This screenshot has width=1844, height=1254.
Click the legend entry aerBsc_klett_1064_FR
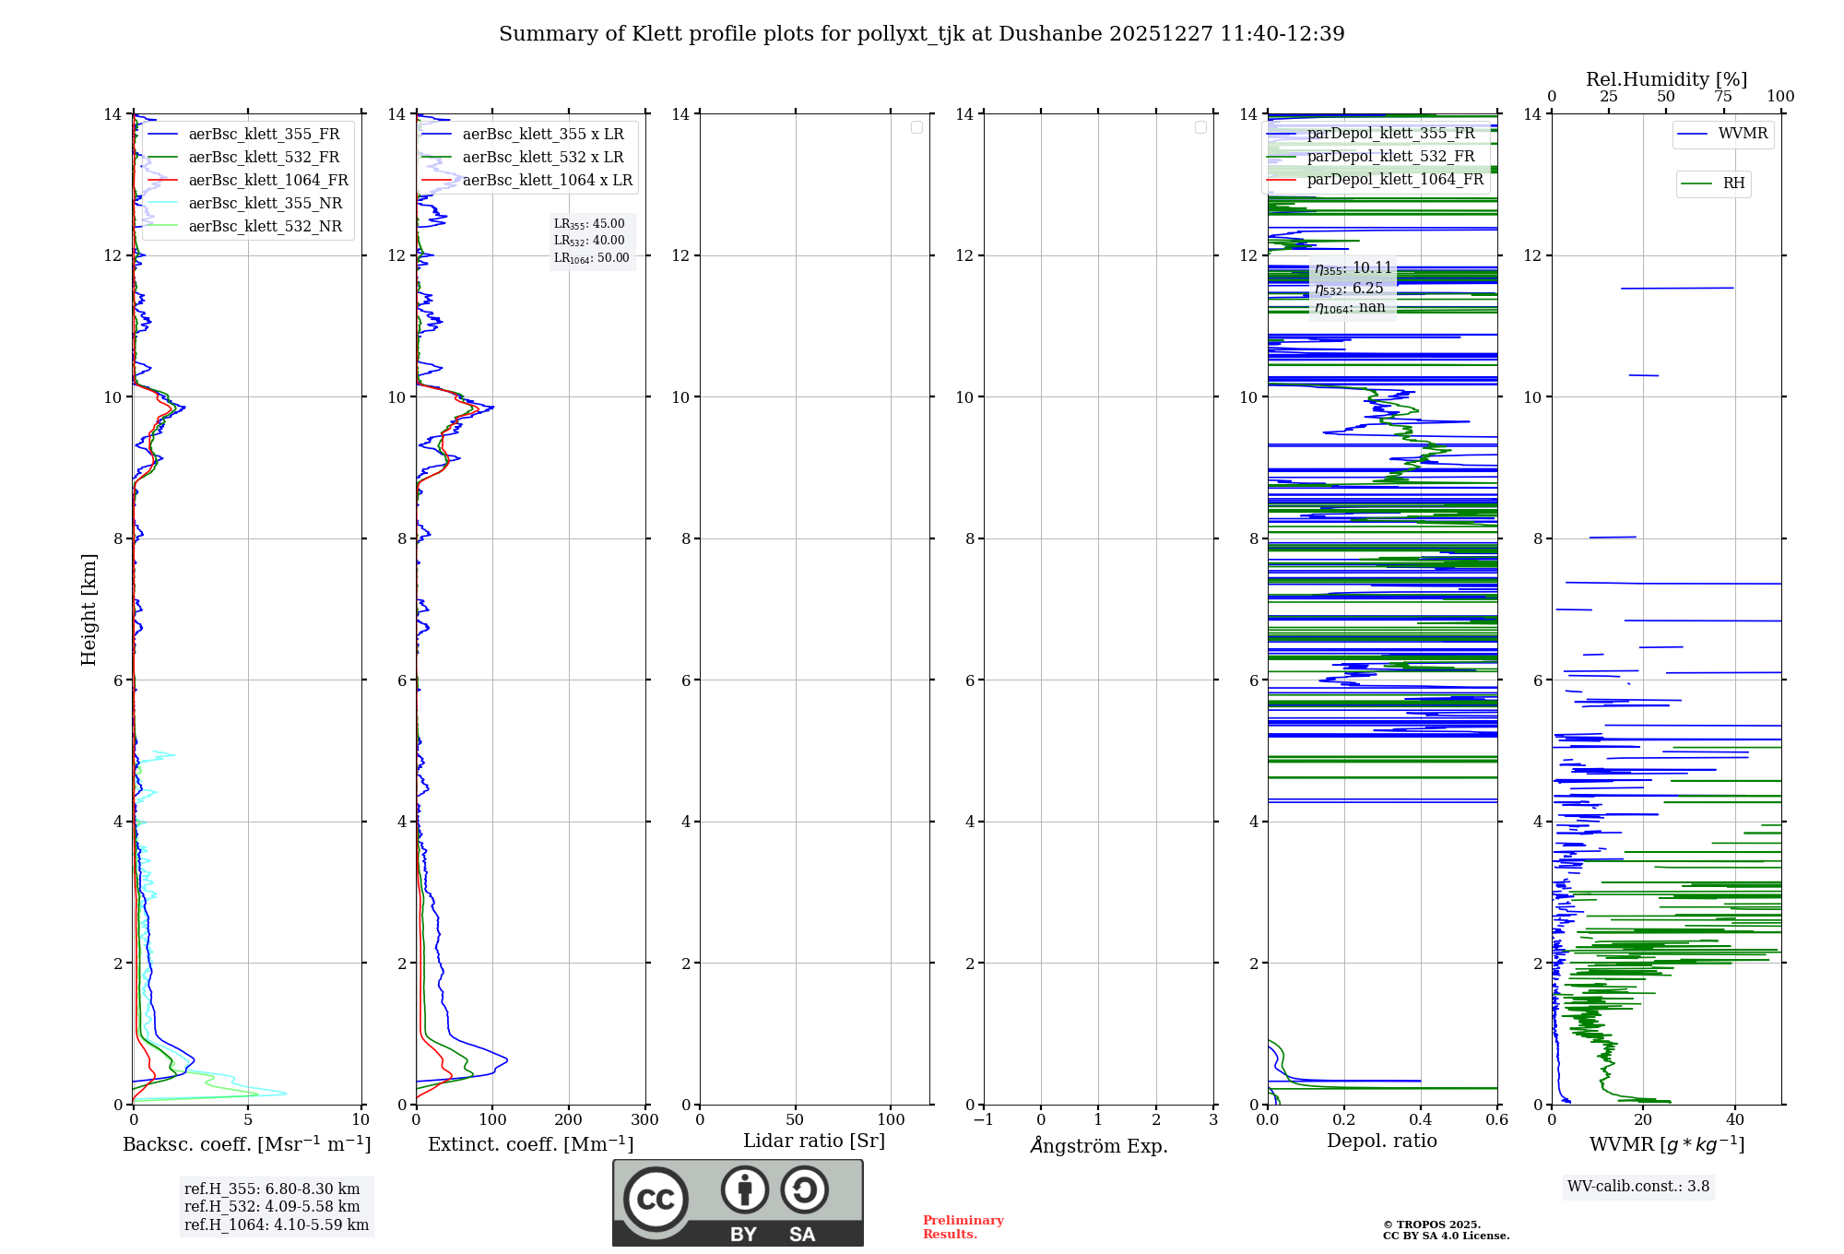click(267, 181)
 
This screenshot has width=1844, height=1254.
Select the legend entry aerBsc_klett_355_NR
click(265, 204)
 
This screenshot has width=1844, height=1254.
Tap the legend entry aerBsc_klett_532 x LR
click(542, 158)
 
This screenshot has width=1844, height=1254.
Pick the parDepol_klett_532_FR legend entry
click(1390, 157)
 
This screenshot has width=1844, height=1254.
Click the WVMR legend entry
click(1743, 134)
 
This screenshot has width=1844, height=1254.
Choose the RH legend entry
click(1733, 183)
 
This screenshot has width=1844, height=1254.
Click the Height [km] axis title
click(89, 609)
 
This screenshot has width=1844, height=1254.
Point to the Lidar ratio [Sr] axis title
click(813, 1142)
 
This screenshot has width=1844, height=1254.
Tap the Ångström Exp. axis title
click(1098, 1146)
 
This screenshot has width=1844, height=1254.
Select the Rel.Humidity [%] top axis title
click(1666, 79)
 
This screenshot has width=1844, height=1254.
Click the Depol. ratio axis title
click(1381, 1142)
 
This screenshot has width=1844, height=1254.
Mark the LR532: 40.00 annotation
click(589, 241)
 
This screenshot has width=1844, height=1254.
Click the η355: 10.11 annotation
click(1353, 268)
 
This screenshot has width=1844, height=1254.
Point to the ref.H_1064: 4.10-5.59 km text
click(276, 1225)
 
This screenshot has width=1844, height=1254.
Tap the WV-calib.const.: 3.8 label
click(1637, 1187)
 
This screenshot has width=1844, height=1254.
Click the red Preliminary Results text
click(963, 1227)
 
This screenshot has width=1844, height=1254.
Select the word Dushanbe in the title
click(1050, 34)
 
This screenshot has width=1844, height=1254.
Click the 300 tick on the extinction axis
click(644, 1120)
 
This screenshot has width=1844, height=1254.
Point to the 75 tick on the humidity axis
click(1722, 97)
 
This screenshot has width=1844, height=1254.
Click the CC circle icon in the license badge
click(656, 1200)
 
